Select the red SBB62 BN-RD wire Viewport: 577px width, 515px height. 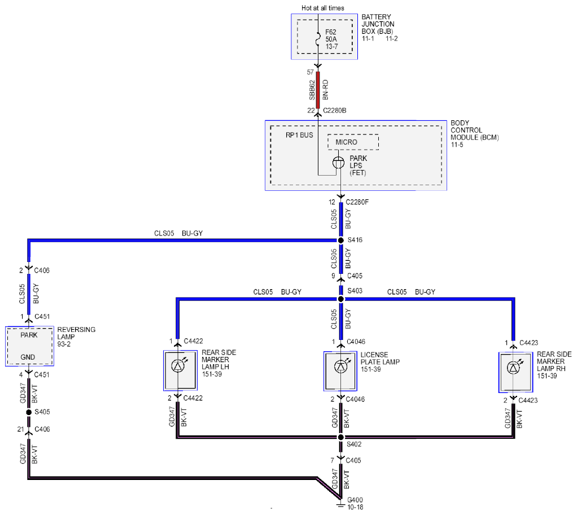[x=318, y=90]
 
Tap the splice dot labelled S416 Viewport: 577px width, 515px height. [x=341, y=241]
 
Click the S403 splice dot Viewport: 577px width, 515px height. [x=341, y=299]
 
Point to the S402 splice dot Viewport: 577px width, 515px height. [x=341, y=437]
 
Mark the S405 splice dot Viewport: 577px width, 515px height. [x=29, y=412]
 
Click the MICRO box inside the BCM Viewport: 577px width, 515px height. [x=353, y=142]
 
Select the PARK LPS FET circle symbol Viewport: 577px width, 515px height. [x=339, y=162]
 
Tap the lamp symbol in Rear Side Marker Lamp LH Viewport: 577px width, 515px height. [x=178, y=366]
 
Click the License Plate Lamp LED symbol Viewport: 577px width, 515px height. [x=340, y=366]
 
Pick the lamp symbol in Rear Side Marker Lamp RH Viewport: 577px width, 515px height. [x=513, y=368]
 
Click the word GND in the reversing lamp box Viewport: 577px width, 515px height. [x=28, y=357]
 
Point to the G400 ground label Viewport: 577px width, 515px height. [x=355, y=500]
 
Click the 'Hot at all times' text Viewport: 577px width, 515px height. [x=323, y=8]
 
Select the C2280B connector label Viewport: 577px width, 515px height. [x=334, y=111]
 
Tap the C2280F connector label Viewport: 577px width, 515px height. [x=357, y=202]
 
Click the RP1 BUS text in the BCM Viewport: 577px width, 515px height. [x=299, y=135]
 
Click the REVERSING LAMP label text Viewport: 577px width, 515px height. [x=76, y=333]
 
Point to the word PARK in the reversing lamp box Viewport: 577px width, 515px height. [x=29, y=335]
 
